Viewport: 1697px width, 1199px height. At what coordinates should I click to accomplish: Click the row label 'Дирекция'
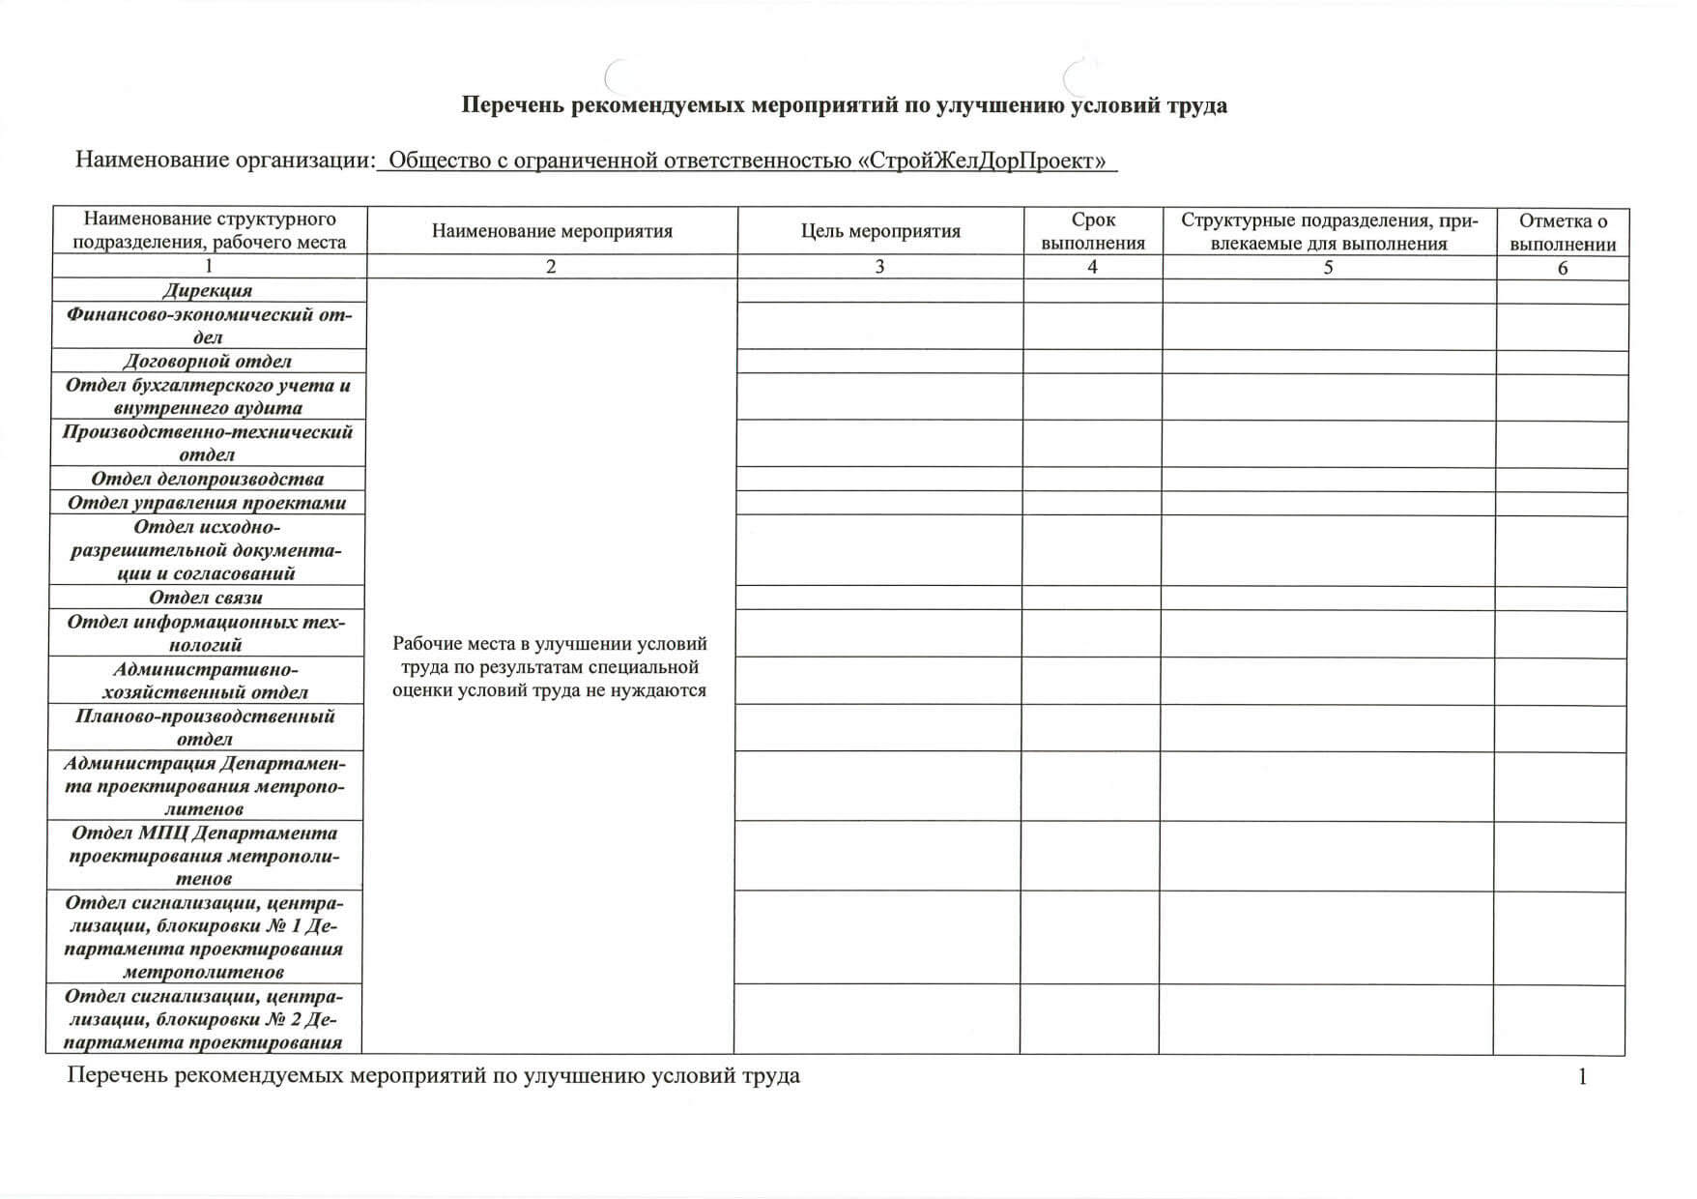tap(207, 290)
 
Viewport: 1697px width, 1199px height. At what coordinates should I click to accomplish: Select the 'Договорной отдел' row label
tap(207, 361)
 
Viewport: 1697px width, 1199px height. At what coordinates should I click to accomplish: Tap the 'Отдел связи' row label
tap(206, 598)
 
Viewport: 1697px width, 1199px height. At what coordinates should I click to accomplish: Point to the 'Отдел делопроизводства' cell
tap(207, 479)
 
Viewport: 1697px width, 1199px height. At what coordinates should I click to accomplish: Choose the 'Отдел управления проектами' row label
tap(207, 503)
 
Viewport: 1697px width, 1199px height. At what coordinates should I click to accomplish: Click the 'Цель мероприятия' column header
tap(880, 231)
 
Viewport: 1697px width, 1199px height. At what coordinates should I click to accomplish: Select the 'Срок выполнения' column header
tap(1093, 231)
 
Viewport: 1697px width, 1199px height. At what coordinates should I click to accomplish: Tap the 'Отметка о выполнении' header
tap(1563, 232)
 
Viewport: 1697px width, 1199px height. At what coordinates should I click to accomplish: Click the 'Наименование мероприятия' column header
tap(552, 231)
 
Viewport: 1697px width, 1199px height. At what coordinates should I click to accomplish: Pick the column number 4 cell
tap(1092, 267)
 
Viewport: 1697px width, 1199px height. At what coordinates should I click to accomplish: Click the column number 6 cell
tap(1563, 268)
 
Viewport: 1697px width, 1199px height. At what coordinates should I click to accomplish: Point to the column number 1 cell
tap(209, 266)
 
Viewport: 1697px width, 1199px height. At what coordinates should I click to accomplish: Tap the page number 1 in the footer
tap(1582, 1076)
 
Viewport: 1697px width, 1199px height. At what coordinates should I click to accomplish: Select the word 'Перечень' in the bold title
tap(511, 105)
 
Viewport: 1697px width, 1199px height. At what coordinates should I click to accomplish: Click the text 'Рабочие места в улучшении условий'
tap(550, 644)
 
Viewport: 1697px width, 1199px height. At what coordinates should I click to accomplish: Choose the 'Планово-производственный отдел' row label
tap(205, 727)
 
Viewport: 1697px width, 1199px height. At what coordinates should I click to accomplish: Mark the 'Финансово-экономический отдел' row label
tap(209, 326)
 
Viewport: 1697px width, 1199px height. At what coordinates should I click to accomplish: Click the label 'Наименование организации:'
tap(224, 160)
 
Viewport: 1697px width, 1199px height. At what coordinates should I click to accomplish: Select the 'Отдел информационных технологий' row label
tap(206, 632)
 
